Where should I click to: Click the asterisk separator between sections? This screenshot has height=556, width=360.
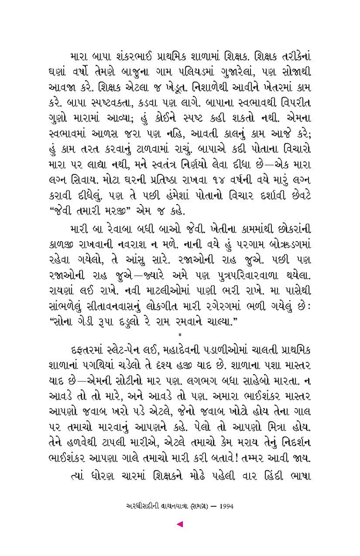(180, 334)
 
